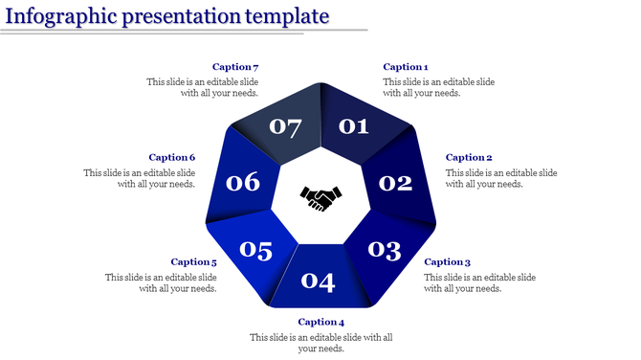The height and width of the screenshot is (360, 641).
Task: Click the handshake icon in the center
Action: [320, 199]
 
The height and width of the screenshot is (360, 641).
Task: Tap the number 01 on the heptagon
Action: [353, 125]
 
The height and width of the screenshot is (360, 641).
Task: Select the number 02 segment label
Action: [395, 182]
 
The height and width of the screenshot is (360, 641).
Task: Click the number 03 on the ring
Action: [385, 250]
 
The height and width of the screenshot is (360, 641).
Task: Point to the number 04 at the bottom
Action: [319, 281]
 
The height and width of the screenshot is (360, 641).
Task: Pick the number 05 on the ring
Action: [255, 250]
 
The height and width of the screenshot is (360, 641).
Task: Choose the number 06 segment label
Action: [242, 182]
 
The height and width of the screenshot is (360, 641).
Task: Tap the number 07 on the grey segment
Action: [285, 125]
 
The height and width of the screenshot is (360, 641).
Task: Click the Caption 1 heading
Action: [405, 67]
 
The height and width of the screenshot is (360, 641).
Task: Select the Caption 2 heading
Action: [469, 157]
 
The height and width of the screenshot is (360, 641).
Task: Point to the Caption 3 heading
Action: [447, 261]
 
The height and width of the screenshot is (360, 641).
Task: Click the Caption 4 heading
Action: [320, 322]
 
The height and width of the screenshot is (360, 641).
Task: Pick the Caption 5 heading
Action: [193, 261]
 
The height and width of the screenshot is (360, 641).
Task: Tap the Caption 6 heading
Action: [172, 157]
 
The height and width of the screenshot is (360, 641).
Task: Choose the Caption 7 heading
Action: [235, 67]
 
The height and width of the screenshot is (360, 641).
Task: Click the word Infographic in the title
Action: [56, 16]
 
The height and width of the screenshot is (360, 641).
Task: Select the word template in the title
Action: [287, 16]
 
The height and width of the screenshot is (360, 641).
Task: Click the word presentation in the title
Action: [179, 16]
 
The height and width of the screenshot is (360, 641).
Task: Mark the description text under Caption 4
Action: [320, 343]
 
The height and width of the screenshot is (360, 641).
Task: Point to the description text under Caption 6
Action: [140, 178]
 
